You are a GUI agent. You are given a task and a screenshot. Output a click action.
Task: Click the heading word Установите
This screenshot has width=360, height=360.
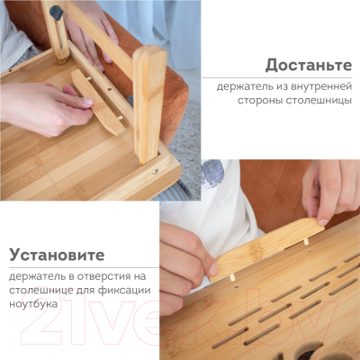point(58,255)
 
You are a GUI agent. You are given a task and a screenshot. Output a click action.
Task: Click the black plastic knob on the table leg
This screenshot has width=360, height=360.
point(56,12)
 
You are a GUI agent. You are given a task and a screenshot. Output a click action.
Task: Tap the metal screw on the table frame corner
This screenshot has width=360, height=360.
point(156,171)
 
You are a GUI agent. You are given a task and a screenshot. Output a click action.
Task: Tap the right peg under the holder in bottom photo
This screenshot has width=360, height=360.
point(306,241)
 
